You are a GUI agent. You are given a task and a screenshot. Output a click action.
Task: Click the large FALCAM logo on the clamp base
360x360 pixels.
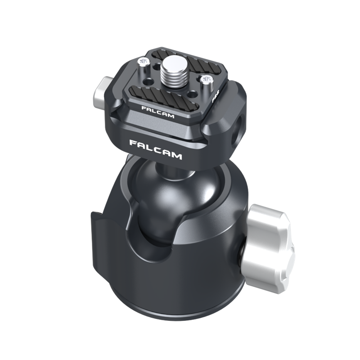point(155,149)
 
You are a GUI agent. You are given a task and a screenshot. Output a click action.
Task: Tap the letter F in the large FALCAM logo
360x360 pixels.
point(134,143)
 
